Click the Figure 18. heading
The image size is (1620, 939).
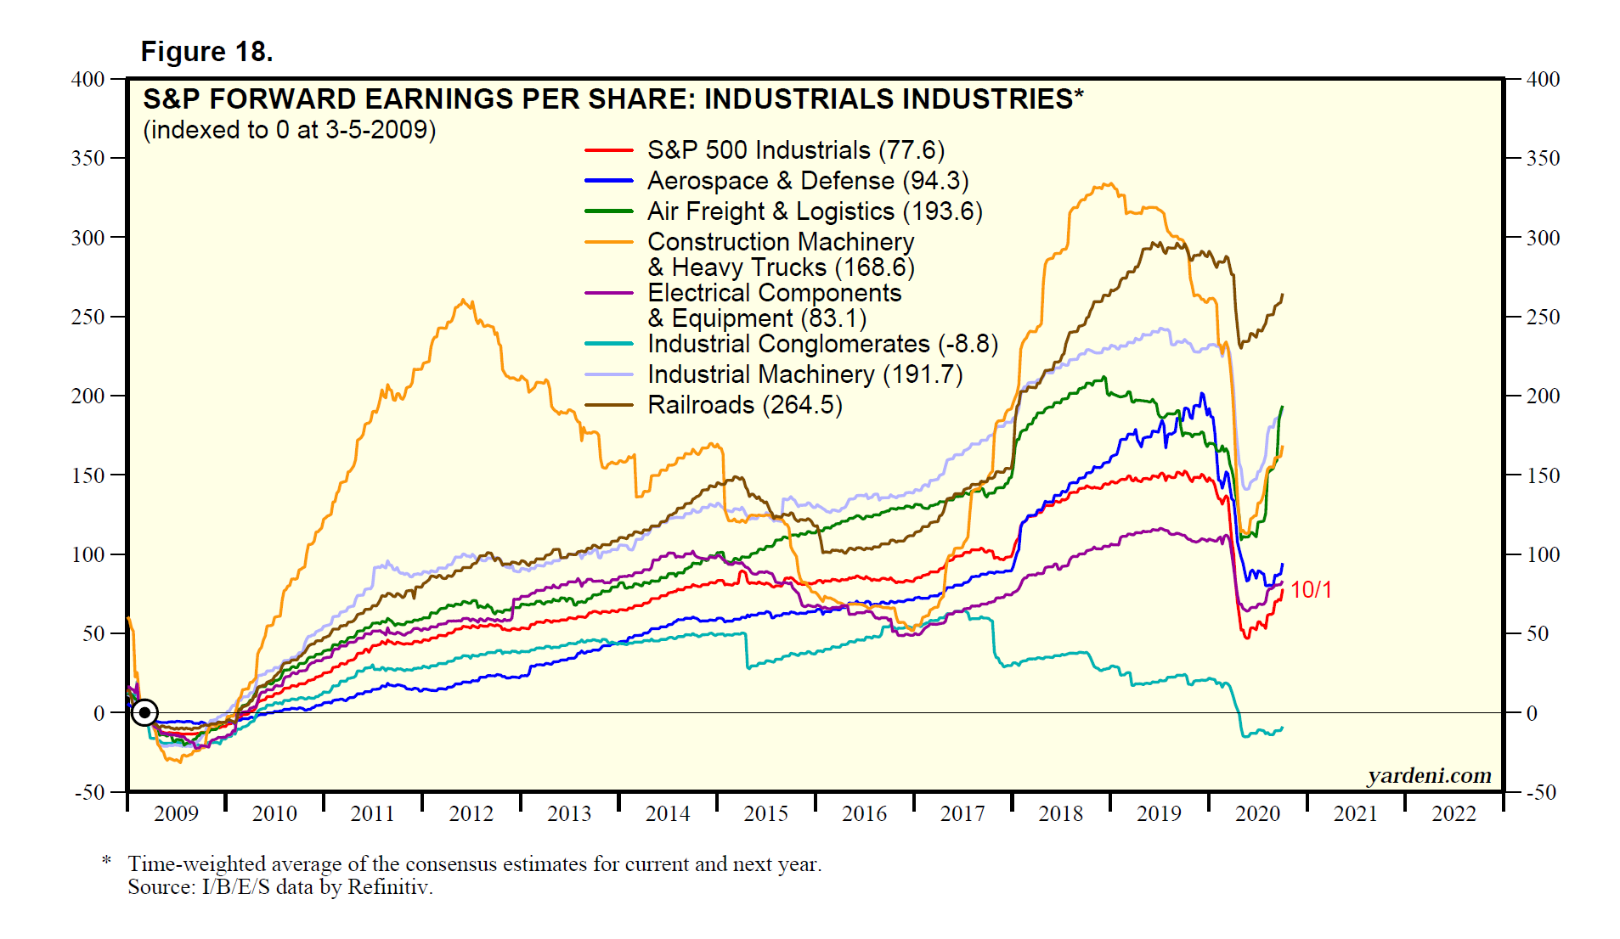[206, 52]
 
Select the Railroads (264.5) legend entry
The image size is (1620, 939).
[744, 405]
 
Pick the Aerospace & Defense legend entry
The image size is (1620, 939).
[807, 181]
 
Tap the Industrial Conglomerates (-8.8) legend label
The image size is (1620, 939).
[822, 344]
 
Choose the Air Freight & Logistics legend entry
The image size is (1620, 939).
[814, 211]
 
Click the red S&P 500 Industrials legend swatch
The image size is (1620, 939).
[608, 150]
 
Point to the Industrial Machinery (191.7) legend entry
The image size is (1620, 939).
[804, 374]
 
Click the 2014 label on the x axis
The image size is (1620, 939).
[668, 813]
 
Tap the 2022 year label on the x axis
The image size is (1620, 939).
[1453, 813]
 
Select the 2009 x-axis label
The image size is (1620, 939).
[176, 813]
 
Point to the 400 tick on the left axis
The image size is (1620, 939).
[88, 79]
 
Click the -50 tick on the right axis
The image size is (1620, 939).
[1541, 792]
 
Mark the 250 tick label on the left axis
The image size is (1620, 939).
[88, 317]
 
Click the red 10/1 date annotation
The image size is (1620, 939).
[1311, 589]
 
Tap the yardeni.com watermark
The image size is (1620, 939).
[1429, 775]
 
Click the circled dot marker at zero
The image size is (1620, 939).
[144, 712]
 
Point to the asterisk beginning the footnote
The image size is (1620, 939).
[106, 861]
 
